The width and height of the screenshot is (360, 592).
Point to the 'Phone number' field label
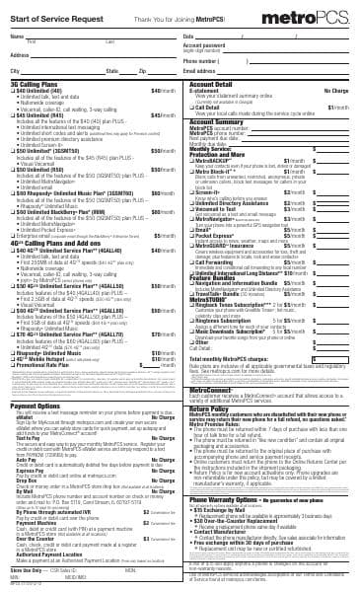coord(202,59)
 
